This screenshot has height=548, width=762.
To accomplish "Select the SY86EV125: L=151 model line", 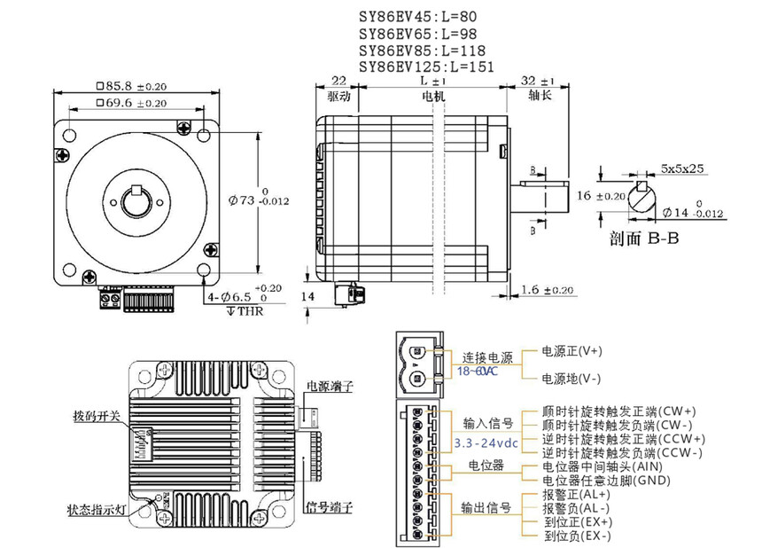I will click(426, 67).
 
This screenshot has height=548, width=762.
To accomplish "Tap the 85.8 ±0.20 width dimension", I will click(131, 87).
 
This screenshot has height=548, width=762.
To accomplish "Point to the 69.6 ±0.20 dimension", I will click(131, 103).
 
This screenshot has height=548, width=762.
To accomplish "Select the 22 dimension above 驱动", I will click(338, 81).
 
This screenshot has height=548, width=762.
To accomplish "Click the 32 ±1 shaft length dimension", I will click(539, 81).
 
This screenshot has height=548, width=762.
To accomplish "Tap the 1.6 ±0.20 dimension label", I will click(547, 290).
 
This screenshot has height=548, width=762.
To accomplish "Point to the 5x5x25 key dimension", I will click(682, 168).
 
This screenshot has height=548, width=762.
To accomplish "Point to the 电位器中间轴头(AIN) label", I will click(602, 466).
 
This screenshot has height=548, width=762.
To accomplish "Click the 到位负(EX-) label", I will click(577, 536).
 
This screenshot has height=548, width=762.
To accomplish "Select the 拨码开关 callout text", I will click(96, 415).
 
